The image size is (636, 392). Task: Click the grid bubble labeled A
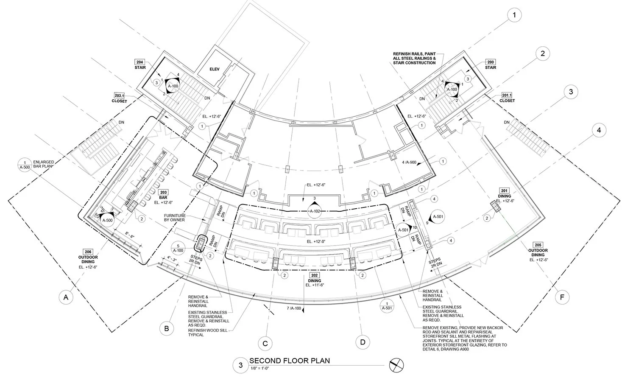[x=66, y=298]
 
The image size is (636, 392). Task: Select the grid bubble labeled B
[x=167, y=328]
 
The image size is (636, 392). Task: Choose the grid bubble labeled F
[x=562, y=297]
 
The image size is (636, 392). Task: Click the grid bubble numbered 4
[x=599, y=131]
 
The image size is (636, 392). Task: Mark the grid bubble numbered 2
[x=542, y=53]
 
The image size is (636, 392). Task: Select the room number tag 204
[x=140, y=62]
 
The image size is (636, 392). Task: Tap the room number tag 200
[x=490, y=62]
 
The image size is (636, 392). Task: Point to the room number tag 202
[x=315, y=275]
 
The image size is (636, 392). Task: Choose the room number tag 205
[x=538, y=245]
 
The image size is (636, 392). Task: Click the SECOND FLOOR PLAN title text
[x=290, y=361]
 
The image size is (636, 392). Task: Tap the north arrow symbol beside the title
[x=397, y=365]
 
